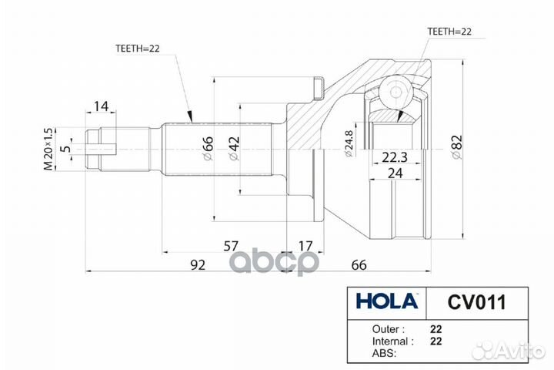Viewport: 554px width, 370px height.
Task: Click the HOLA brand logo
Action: (x=387, y=301)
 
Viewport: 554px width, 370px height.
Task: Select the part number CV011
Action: (x=477, y=302)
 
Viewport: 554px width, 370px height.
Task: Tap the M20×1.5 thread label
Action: (x=48, y=149)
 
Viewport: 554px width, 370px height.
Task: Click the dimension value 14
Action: (x=101, y=106)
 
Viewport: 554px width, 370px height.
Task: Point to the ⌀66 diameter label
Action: (x=208, y=148)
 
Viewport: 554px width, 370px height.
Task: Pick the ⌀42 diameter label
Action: (x=234, y=148)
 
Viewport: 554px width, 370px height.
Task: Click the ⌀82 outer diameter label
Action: (x=456, y=147)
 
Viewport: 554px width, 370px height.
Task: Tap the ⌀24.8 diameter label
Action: (x=348, y=143)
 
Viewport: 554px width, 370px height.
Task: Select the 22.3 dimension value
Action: (x=395, y=156)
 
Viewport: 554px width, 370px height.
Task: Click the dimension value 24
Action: (x=395, y=173)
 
